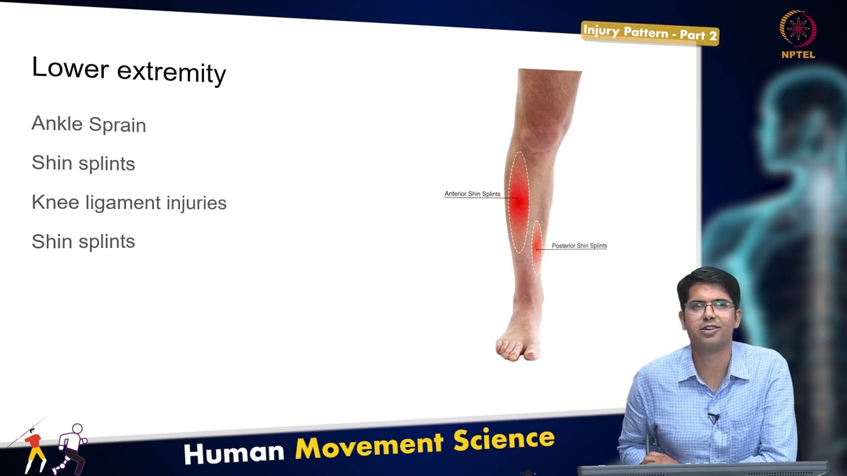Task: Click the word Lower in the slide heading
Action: pos(69,68)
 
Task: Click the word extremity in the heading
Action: pos(171,71)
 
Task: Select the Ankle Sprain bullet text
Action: pos(89,124)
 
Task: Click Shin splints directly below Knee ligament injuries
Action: pos(83,241)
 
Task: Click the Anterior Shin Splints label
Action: pos(472,194)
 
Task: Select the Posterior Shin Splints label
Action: pos(579,246)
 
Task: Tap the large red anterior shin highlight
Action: pos(519,202)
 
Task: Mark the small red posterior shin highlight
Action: pos(537,247)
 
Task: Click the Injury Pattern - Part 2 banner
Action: pos(650,33)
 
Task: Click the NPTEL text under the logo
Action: pos(798,55)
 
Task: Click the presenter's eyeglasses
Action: pos(709,307)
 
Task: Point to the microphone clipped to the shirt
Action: pos(713,417)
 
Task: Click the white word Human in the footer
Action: pos(234,452)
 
